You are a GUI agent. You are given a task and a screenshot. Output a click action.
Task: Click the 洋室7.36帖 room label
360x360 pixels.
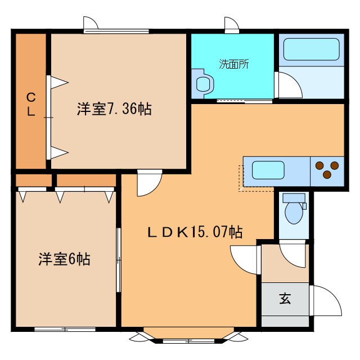pos(114,109)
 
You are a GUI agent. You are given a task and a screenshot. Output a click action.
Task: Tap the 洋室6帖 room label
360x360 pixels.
pos(64,259)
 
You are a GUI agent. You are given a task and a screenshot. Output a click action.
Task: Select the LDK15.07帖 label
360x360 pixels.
pos(195,231)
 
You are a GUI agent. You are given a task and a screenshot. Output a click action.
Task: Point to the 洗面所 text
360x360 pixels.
pos(233,64)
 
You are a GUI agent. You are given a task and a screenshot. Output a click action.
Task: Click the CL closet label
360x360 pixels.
pos(31,104)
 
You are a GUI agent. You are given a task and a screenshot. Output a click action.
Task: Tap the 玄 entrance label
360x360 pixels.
pos(285,299)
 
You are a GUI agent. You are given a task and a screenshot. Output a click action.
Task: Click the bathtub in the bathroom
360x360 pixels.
pos(311,49)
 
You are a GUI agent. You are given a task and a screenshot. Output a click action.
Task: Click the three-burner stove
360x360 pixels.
pos(327,169)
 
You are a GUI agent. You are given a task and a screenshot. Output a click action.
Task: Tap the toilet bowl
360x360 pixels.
pos(294,213)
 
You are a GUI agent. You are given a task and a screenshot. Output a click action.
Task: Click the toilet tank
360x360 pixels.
pos(294,197)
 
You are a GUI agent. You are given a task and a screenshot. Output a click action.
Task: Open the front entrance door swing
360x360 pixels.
pos(325,301)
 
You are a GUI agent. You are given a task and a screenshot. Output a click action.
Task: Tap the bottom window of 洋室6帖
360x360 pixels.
pos(63,328)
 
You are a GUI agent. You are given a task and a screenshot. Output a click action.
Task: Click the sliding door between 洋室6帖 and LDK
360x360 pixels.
pos(119,260)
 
